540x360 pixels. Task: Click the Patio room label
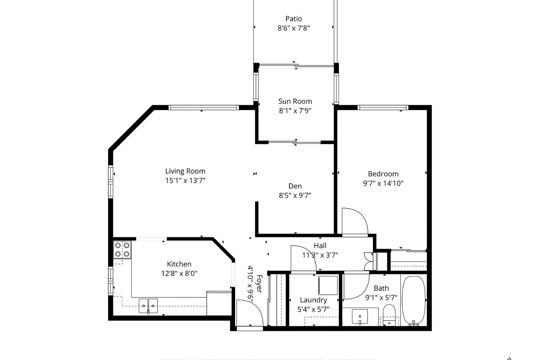pyautogui.click(x=293, y=19)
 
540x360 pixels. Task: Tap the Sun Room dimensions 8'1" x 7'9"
pyautogui.click(x=295, y=111)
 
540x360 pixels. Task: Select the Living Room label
pyautogui.click(x=185, y=171)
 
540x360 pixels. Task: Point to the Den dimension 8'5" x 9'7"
pyautogui.click(x=295, y=195)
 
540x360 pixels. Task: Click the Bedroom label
pyautogui.click(x=383, y=174)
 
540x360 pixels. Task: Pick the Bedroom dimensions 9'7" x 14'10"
pyautogui.click(x=383, y=183)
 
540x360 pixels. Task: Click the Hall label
pyautogui.click(x=320, y=246)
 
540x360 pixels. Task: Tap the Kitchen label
pyautogui.click(x=179, y=264)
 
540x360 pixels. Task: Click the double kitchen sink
pyautogui.click(x=148, y=306)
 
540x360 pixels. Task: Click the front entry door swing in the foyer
pyautogui.click(x=249, y=313)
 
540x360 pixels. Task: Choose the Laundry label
pyautogui.click(x=313, y=300)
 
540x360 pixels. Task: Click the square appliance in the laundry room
pyautogui.click(x=328, y=285)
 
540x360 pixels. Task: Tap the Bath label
pyautogui.click(x=381, y=288)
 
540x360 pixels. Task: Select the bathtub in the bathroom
pyautogui.click(x=413, y=300)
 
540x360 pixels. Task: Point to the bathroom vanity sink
pyautogui.click(x=360, y=316)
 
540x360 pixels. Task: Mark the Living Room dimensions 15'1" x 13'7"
pyautogui.click(x=185, y=181)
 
